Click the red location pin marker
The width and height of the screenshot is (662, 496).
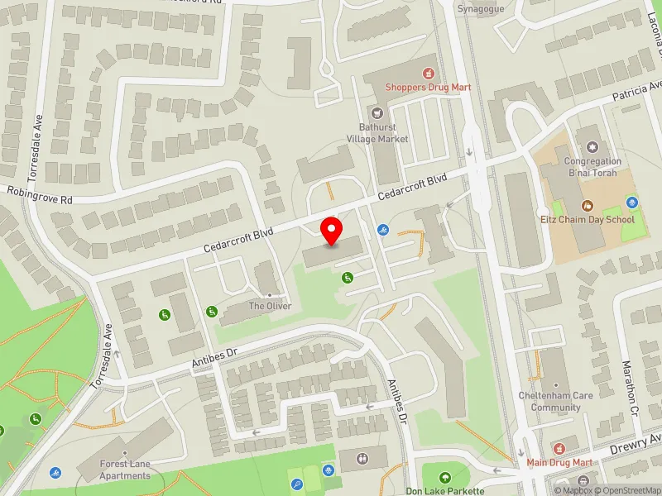coord(332,231)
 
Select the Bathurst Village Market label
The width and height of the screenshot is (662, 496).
coord(384,133)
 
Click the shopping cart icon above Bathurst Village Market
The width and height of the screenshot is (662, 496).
coord(377,112)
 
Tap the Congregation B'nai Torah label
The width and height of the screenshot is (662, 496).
coord(592,167)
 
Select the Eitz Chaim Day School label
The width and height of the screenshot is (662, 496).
coord(588,219)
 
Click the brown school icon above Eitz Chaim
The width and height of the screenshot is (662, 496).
coord(588,205)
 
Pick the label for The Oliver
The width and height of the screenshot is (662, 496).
coord(270,306)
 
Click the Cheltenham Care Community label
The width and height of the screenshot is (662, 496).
coord(555,401)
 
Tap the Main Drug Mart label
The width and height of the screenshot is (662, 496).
coord(560,462)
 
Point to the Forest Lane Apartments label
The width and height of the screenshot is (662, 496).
coord(125,470)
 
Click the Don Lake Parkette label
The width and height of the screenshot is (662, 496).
coord(444,490)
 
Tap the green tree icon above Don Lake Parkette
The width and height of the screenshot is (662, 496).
coord(445,477)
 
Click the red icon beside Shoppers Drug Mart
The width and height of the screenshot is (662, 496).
coord(428,73)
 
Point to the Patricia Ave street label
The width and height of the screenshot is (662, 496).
coord(637,92)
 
